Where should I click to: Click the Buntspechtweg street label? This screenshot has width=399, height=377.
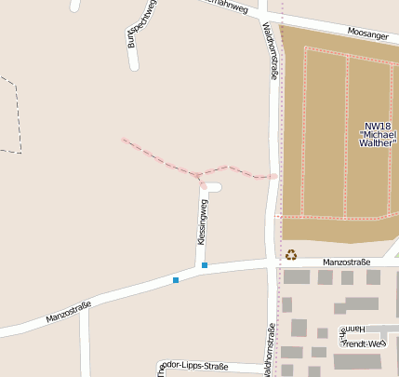[x=142, y=22]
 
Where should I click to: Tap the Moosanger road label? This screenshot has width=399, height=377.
[x=367, y=34]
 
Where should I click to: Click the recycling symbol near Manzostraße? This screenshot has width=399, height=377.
[x=291, y=254]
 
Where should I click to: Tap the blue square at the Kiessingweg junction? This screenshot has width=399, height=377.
[x=205, y=266]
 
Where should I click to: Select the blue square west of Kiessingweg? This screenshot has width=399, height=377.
[x=175, y=279]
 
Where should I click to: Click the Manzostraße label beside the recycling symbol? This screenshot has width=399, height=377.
[x=340, y=263]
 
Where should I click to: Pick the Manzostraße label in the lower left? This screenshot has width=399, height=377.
[x=68, y=313]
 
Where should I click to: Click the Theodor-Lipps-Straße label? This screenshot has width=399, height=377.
[x=191, y=366]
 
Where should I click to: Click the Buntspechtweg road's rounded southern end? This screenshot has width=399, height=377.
[x=134, y=66]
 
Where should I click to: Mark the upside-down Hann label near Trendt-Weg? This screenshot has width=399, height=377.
[x=357, y=330]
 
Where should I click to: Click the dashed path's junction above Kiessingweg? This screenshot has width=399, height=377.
[x=198, y=174]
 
